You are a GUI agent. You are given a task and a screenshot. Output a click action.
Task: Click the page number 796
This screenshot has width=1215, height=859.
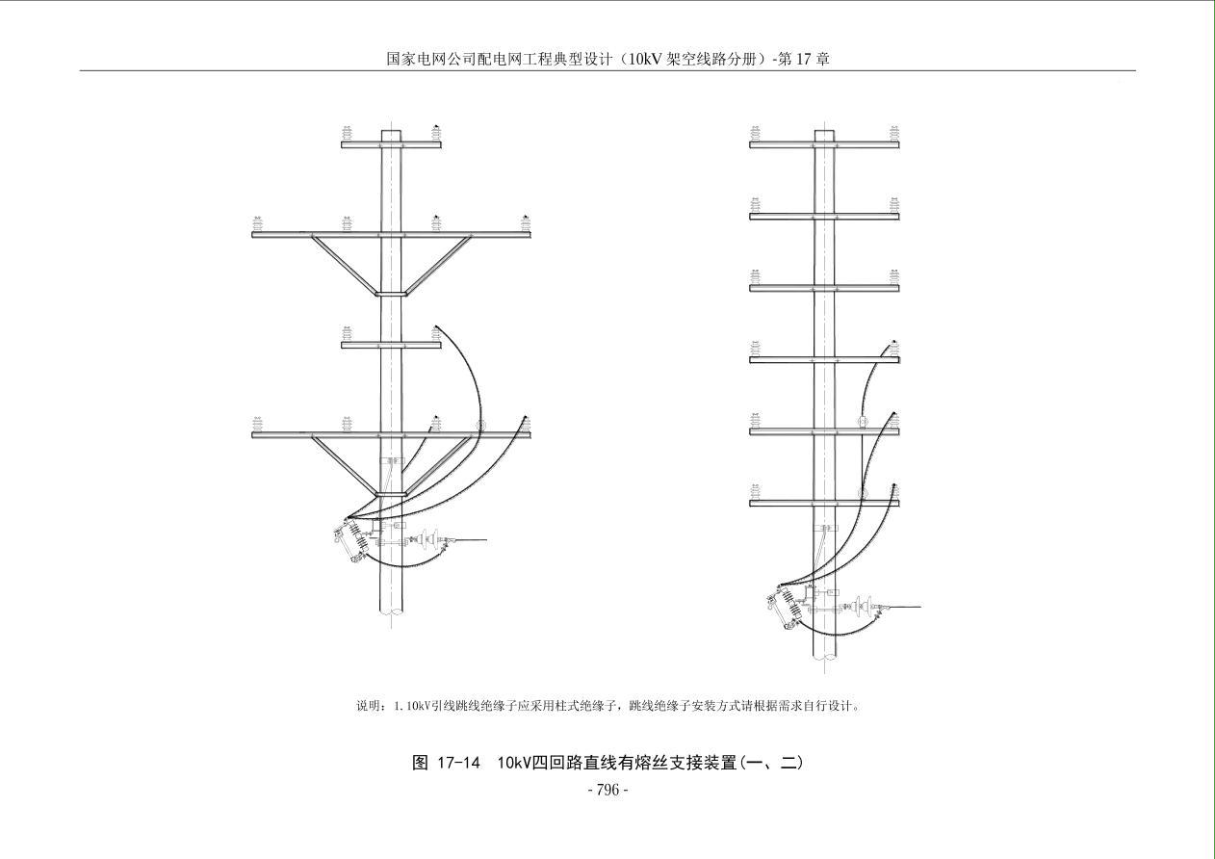click(x=607, y=791)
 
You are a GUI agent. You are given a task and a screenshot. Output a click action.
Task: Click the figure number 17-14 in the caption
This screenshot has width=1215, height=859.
click(x=458, y=763)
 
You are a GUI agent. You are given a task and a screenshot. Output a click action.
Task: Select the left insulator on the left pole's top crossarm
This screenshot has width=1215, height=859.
click(x=347, y=133)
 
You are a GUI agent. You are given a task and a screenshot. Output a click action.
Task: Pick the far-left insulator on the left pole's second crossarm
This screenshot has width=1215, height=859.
click(x=258, y=223)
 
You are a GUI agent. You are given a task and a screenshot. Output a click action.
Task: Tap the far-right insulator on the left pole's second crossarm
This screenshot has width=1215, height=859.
click(x=526, y=223)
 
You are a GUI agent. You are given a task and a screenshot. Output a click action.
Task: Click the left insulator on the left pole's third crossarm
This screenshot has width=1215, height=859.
click(x=347, y=333)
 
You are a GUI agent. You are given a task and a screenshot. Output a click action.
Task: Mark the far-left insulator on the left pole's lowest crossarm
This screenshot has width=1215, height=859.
click(x=258, y=424)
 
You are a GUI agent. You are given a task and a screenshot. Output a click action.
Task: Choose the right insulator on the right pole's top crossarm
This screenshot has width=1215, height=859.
click(x=894, y=133)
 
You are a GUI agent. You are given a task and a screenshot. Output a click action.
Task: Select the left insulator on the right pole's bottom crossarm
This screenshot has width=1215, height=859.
click(x=755, y=492)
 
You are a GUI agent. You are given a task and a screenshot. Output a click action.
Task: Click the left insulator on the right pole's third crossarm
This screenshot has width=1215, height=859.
click(x=755, y=276)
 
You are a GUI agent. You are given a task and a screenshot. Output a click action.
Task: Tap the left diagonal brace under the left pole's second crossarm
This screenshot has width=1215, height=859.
click(x=343, y=264)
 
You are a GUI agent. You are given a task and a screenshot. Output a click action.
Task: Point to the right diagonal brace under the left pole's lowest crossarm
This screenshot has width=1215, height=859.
click(x=439, y=465)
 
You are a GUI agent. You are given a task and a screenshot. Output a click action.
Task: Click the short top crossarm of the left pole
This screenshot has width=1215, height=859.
click(x=391, y=144)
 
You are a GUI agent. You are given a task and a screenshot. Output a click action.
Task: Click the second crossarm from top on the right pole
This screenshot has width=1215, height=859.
click(x=824, y=217)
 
